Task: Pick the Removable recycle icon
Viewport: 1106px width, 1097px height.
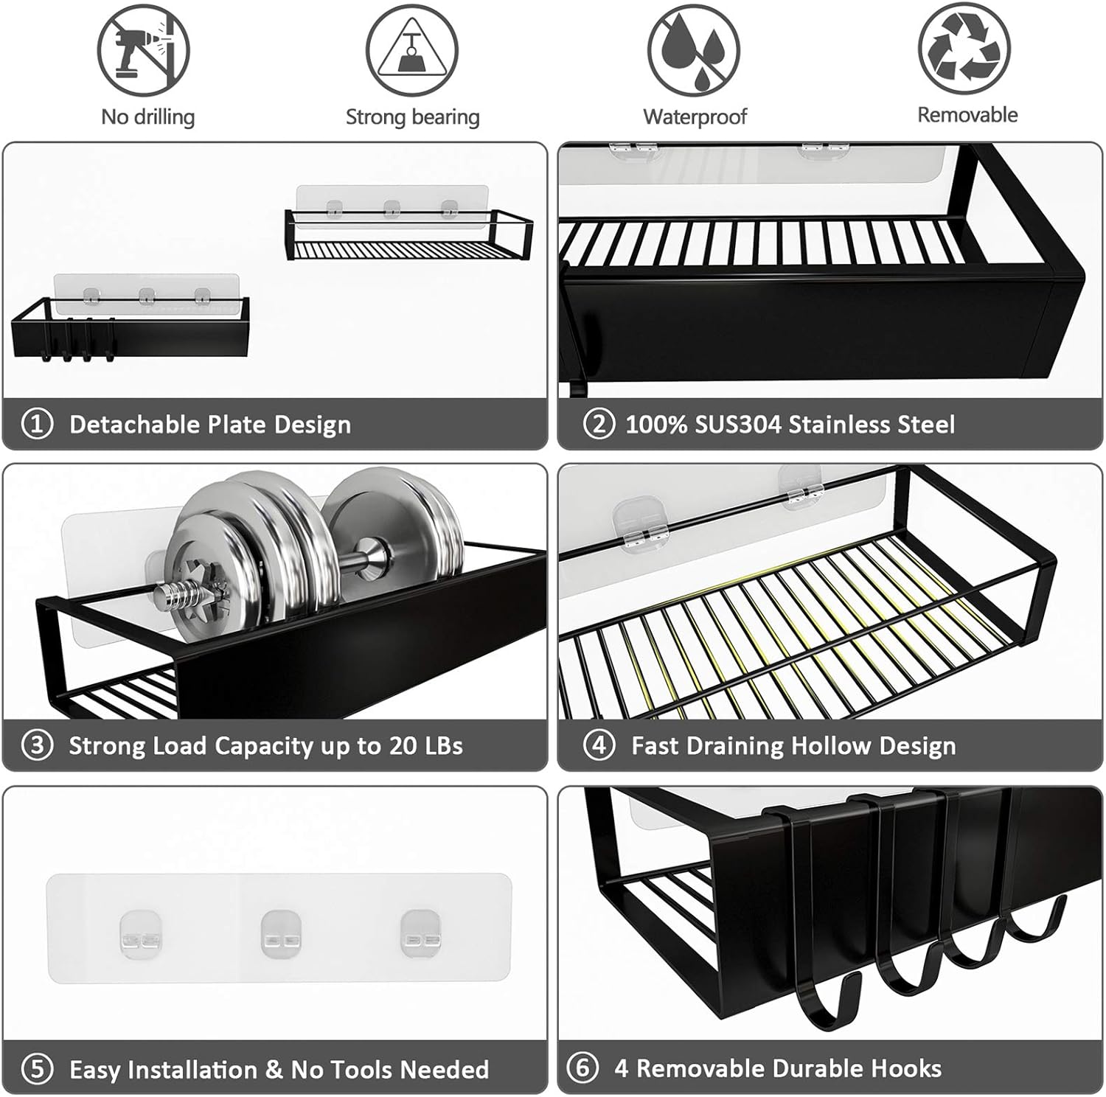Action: tap(964, 50)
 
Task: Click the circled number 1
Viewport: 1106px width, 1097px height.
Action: tap(38, 425)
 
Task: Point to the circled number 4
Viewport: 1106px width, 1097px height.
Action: tap(598, 745)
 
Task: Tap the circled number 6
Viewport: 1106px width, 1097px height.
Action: tap(582, 1068)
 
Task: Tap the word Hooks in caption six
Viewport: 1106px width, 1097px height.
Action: tap(905, 1068)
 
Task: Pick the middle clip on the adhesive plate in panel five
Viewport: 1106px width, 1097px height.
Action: tap(279, 933)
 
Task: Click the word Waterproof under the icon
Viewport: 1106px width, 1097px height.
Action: tap(695, 116)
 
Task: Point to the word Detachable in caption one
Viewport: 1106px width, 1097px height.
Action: tap(133, 425)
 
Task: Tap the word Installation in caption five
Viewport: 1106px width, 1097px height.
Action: tap(177, 1070)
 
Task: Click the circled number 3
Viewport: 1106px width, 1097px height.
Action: tap(38, 746)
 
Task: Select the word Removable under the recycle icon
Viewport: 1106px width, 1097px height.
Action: tap(967, 115)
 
